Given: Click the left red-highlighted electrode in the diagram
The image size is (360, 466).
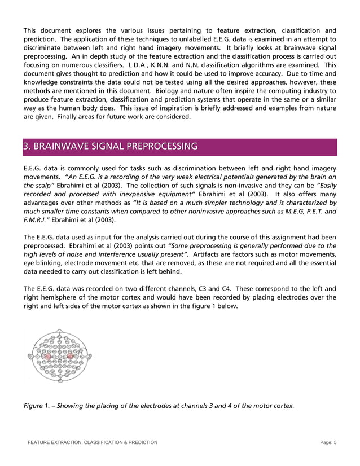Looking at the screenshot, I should point(48,357).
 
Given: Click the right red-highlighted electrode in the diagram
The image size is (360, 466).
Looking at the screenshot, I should point(71,357).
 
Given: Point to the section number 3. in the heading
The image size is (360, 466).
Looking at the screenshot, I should point(27,147).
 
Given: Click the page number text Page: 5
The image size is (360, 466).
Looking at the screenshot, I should point(324,442).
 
